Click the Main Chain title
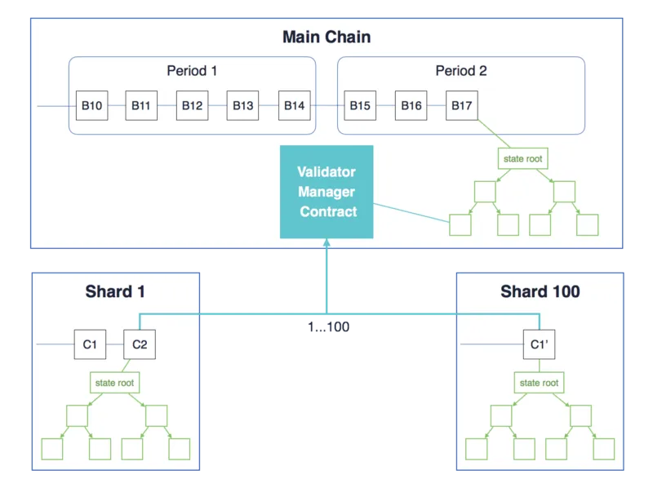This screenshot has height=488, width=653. (x=326, y=37)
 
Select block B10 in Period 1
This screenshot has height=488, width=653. (x=92, y=106)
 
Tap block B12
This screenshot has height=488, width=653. (x=193, y=106)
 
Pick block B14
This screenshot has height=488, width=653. (x=295, y=106)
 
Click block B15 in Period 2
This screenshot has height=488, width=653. (x=360, y=106)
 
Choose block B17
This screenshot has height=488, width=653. (x=462, y=106)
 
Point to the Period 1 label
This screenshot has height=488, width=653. (x=192, y=71)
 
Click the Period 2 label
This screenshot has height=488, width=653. (x=461, y=71)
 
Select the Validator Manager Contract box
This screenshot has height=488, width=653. (x=326, y=192)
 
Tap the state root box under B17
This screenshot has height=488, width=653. (x=523, y=158)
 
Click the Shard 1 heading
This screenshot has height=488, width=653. (x=115, y=291)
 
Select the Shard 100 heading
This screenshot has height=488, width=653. (x=540, y=291)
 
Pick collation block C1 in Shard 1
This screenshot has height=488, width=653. (x=90, y=344)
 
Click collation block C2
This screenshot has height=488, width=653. (x=140, y=344)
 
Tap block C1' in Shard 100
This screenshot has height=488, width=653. (x=540, y=344)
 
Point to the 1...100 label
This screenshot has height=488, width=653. (x=329, y=327)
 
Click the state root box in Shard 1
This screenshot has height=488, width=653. (x=115, y=383)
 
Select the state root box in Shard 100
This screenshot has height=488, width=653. (x=540, y=383)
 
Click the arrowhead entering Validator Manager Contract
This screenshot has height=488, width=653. (x=327, y=242)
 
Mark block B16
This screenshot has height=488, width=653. (x=411, y=106)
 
